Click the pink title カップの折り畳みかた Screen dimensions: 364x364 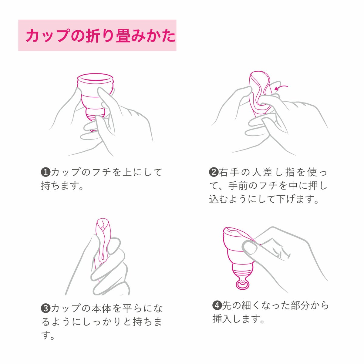coord(100,36)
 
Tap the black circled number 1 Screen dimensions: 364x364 coord(45,172)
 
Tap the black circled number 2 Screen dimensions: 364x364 coord(214,172)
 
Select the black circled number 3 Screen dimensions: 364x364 coord(45,308)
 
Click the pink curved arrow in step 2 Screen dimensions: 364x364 coord(281,88)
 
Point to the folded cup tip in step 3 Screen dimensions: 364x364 coord(103,224)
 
